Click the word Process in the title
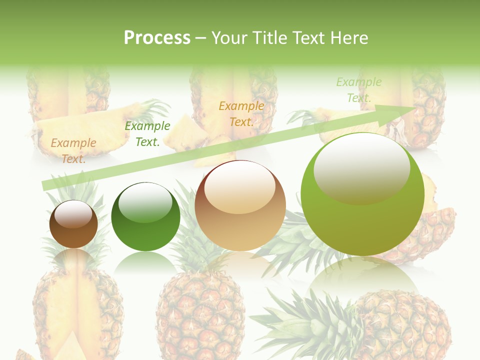(157, 38)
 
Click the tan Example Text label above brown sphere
(73, 150)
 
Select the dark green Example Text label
(147, 134)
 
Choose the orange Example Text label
(241, 113)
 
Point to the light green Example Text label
(359, 89)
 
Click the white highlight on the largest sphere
(361, 167)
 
